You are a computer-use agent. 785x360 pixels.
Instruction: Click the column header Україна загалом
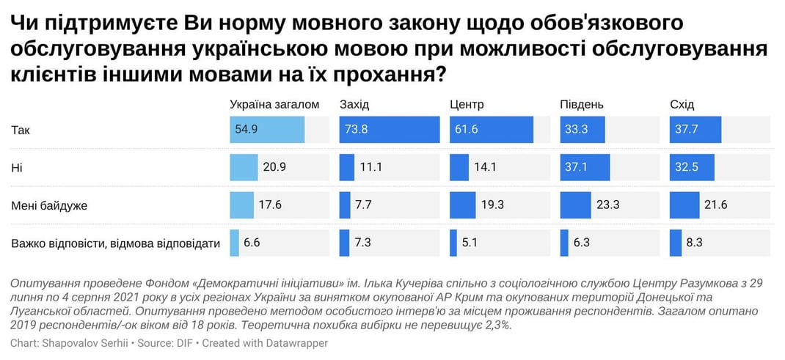point(274,104)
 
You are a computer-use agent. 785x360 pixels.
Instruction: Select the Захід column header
point(354,104)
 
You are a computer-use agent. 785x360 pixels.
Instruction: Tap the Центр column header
point(467,104)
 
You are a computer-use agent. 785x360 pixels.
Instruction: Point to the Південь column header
point(582,104)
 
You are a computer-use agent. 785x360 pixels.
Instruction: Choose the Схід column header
point(682,104)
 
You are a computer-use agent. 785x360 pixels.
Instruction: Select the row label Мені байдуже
point(49,205)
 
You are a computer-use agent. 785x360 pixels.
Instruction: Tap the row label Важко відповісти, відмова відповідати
point(115,243)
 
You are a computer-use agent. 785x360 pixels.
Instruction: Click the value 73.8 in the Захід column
point(356,130)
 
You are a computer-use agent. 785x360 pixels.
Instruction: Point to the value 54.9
point(247,130)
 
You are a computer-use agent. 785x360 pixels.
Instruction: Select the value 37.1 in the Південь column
point(576,167)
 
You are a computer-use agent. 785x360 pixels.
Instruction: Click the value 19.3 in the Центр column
point(492,205)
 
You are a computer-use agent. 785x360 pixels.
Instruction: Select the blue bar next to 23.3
point(575,205)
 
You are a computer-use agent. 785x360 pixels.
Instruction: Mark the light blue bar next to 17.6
point(241,205)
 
